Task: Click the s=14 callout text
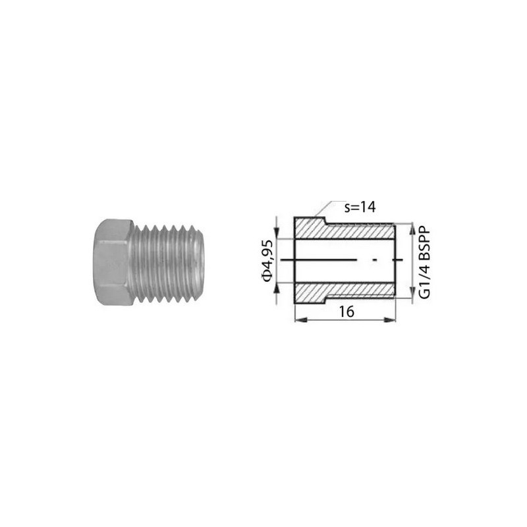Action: click(x=360, y=207)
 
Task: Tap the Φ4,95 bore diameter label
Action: click(x=267, y=261)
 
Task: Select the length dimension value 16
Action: click(x=347, y=312)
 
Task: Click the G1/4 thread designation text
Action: click(x=425, y=281)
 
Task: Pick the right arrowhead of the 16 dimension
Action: click(x=389, y=320)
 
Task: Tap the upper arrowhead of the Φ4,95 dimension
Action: click(x=276, y=233)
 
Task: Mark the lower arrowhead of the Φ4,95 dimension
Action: click(x=276, y=289)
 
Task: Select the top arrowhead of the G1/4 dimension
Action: click(x=412, y=229)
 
